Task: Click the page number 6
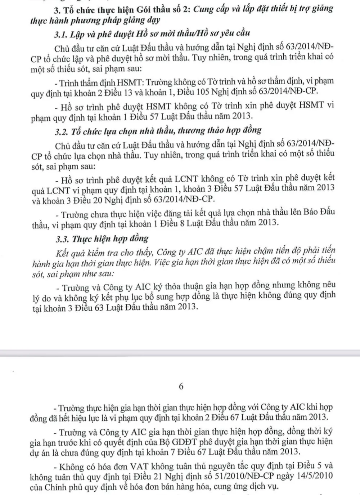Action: click(181, 386)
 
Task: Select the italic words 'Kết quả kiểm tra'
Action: click(86, 252)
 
